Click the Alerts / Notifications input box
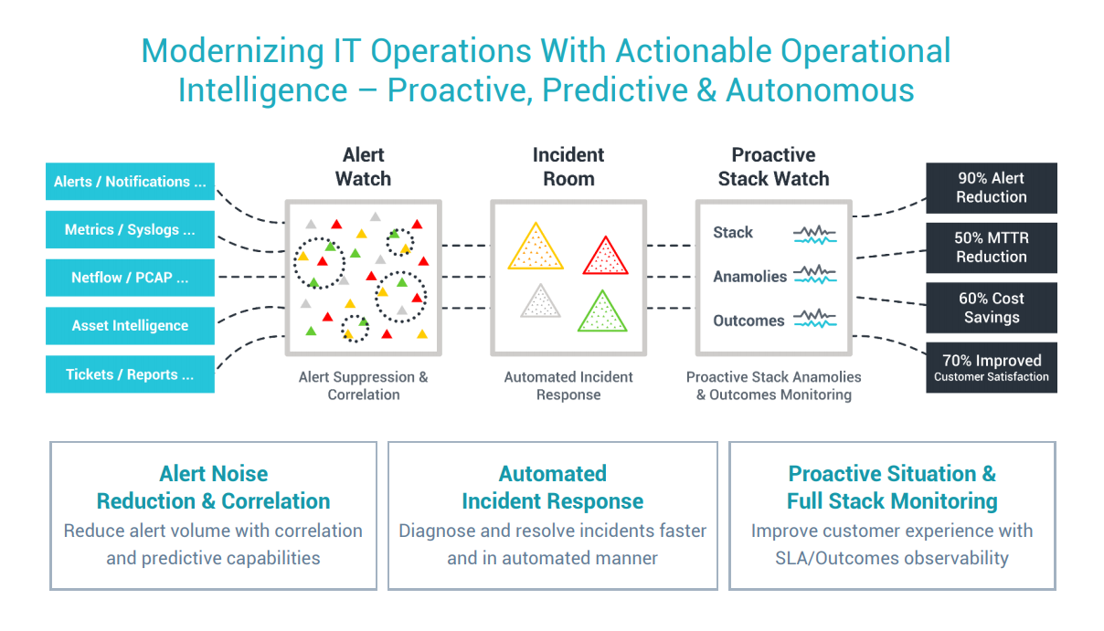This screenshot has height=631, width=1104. [130, 182]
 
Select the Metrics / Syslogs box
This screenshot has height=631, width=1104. [130, 230]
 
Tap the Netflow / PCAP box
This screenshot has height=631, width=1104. [130, 278]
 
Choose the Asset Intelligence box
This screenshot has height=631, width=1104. [130, 326]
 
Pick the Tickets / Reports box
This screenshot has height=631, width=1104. [130, 374]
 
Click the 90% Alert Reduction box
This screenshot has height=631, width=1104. [991, 187]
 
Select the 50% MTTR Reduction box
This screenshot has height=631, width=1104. [991, 247]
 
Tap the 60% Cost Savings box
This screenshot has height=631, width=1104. [991, 308]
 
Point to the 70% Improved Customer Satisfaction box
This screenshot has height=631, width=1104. [991, 368]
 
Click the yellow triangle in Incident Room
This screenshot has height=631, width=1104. [535, 249]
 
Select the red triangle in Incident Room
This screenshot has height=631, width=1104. [606, 258]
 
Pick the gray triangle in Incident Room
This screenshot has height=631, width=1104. [540, 302]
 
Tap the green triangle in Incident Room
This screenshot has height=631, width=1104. [602, 313]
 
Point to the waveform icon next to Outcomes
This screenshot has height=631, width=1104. [814, 319]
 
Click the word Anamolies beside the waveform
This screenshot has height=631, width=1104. [749, 277]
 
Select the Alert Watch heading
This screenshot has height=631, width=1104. [363, 167]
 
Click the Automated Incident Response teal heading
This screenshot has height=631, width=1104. [552, 488]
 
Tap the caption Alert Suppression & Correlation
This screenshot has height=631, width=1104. [363, 385]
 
